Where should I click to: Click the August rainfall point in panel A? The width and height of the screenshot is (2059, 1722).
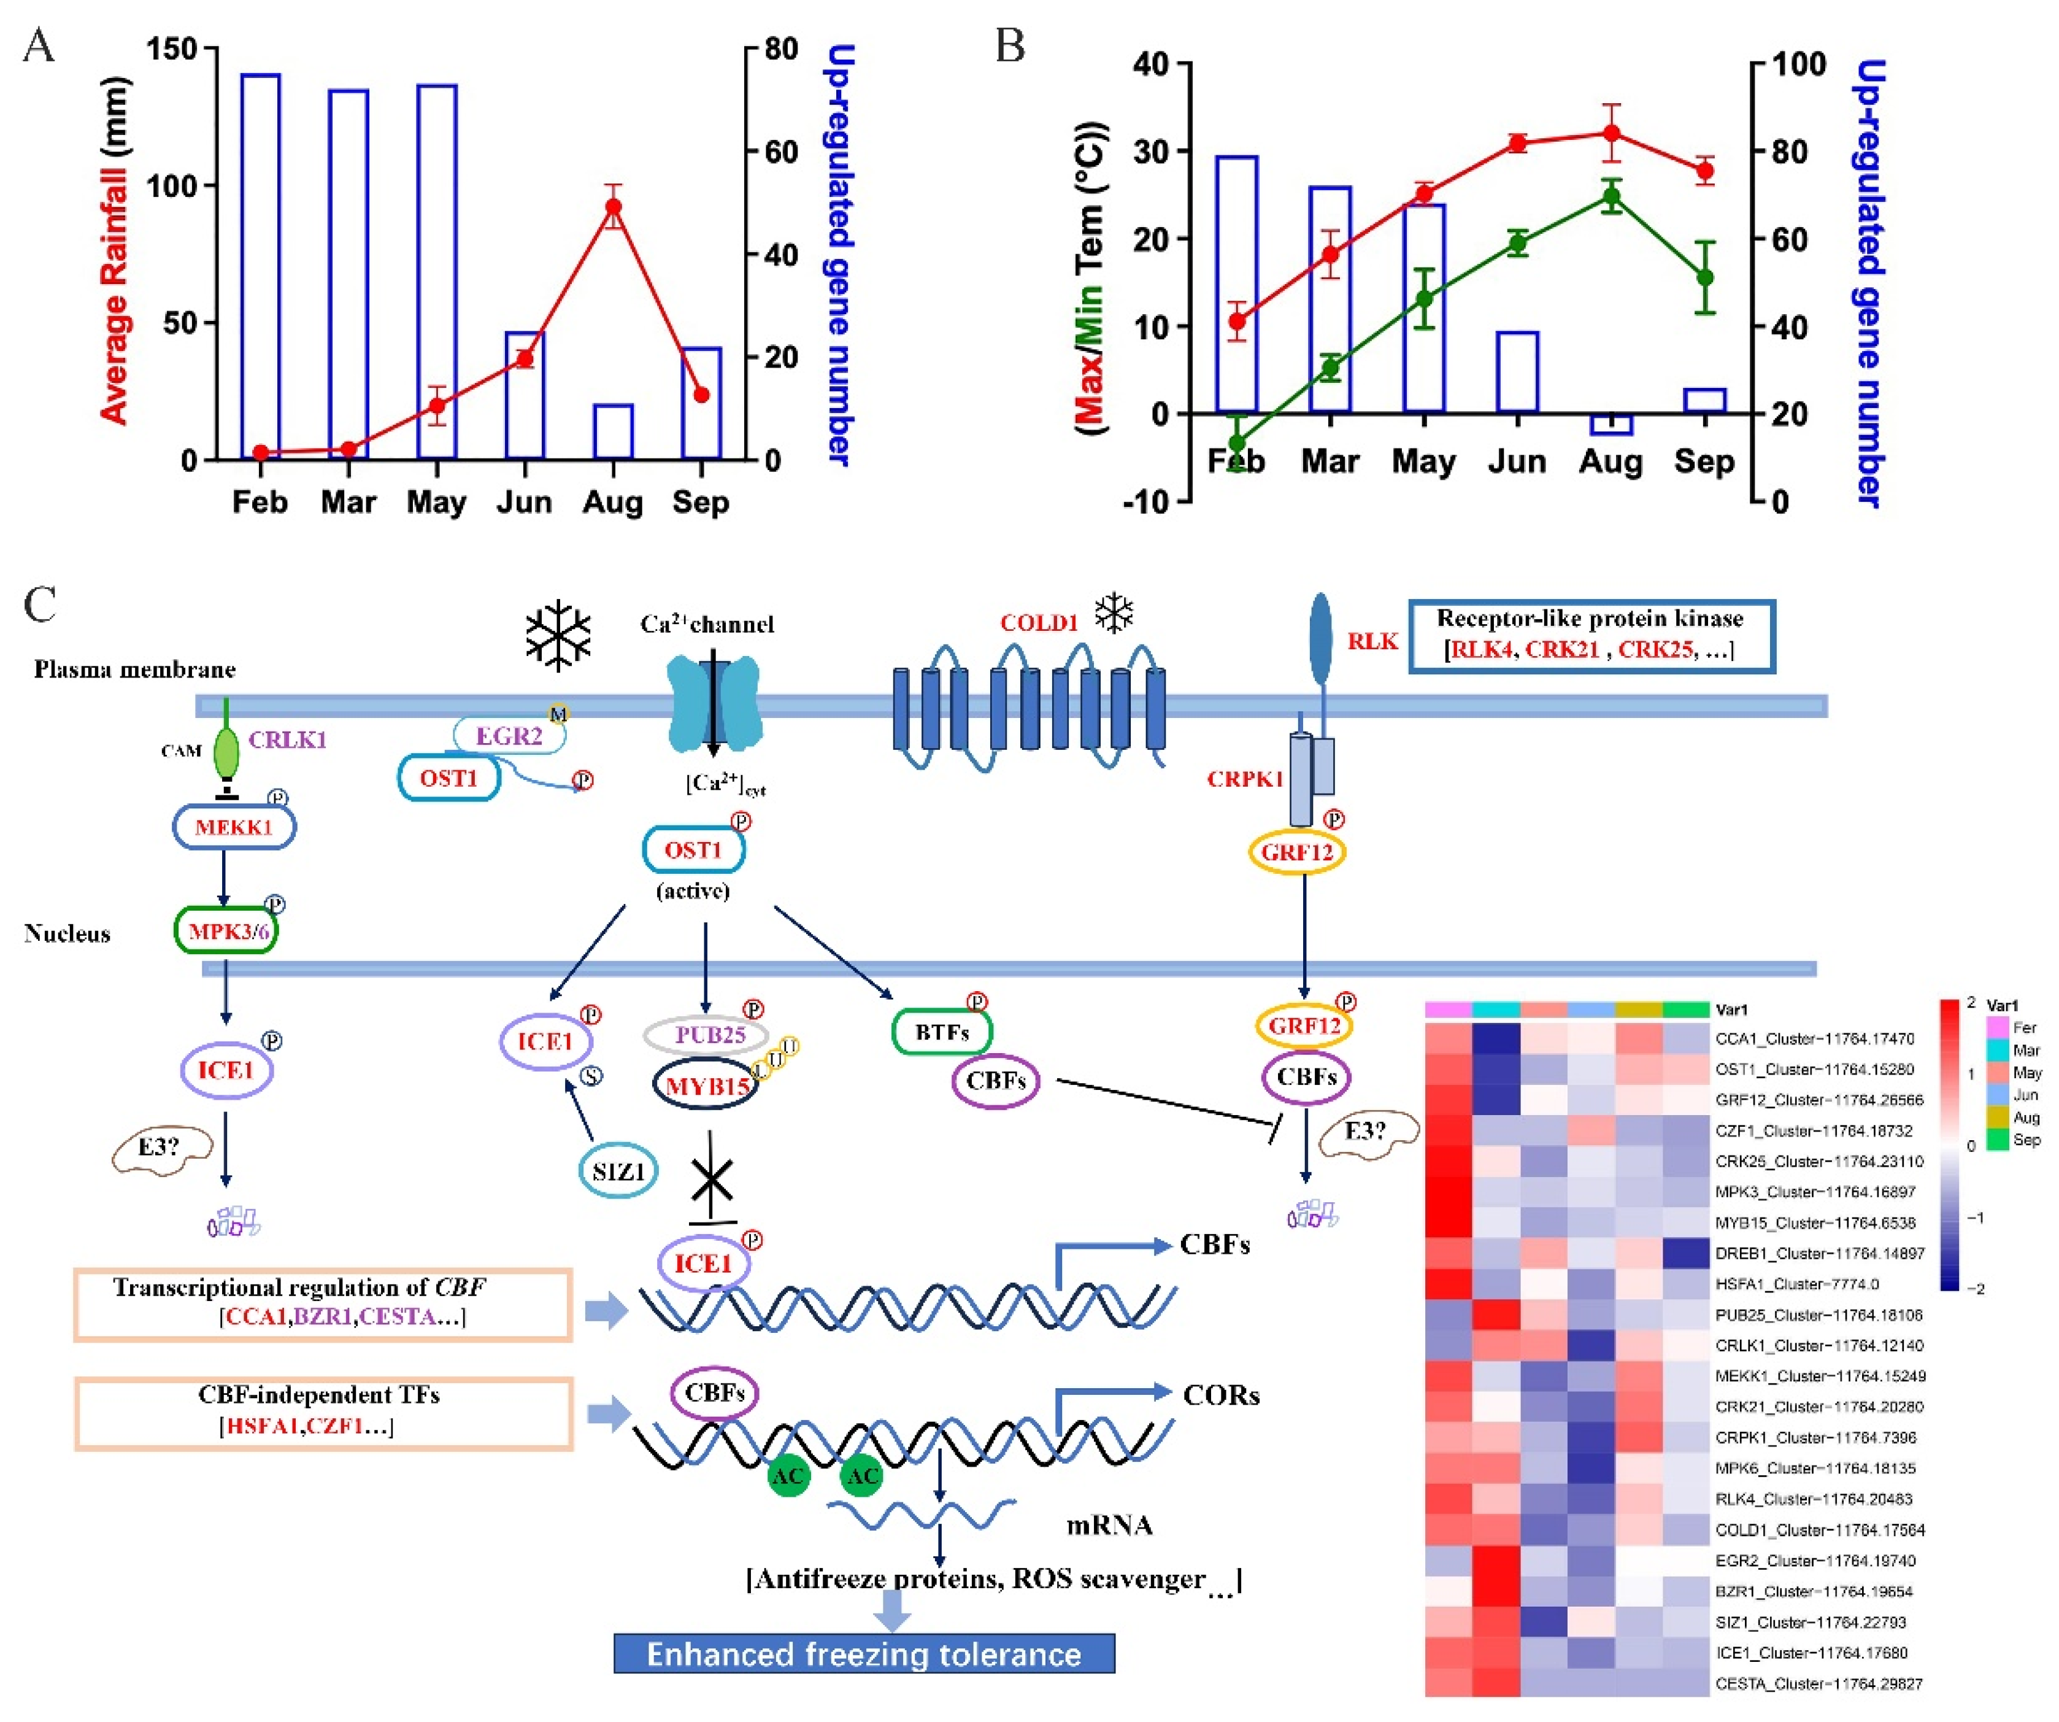[614, 207]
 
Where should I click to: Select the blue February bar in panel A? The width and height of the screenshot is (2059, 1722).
[261, 264]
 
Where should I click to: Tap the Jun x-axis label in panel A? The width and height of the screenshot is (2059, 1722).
[523, 502]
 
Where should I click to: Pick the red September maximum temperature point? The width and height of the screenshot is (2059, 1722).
[1705, 172]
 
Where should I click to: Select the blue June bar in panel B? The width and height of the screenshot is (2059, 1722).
[1517, 372]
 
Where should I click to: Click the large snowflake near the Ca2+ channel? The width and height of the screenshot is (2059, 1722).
[558, 635]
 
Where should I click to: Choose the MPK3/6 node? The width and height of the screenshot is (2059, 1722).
[226, 930]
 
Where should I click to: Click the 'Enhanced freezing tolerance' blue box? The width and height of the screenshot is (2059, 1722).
[864, 1653]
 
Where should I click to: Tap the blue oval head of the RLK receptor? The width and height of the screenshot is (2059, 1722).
[1321, 638]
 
